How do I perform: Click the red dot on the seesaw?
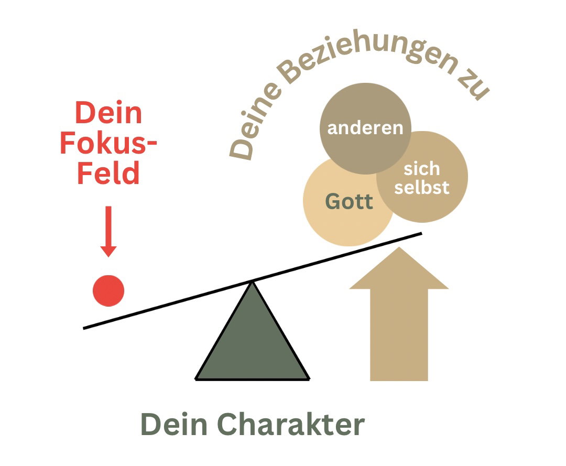coord(108,290)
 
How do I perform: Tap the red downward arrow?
coord(108,231)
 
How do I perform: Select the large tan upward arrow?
coord(399,313)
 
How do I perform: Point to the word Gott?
coord(349,201)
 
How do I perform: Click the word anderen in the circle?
coord(365,128)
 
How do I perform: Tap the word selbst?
coord(421,187)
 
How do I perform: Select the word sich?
coord(421,169)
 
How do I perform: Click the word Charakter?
coord(291,424)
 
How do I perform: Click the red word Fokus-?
coord(108,143)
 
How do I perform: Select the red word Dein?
coord(108,113)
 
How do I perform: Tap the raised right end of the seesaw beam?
coord(421,234)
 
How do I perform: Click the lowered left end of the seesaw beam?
coord(84,328)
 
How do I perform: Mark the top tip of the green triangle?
coord(252,282)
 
